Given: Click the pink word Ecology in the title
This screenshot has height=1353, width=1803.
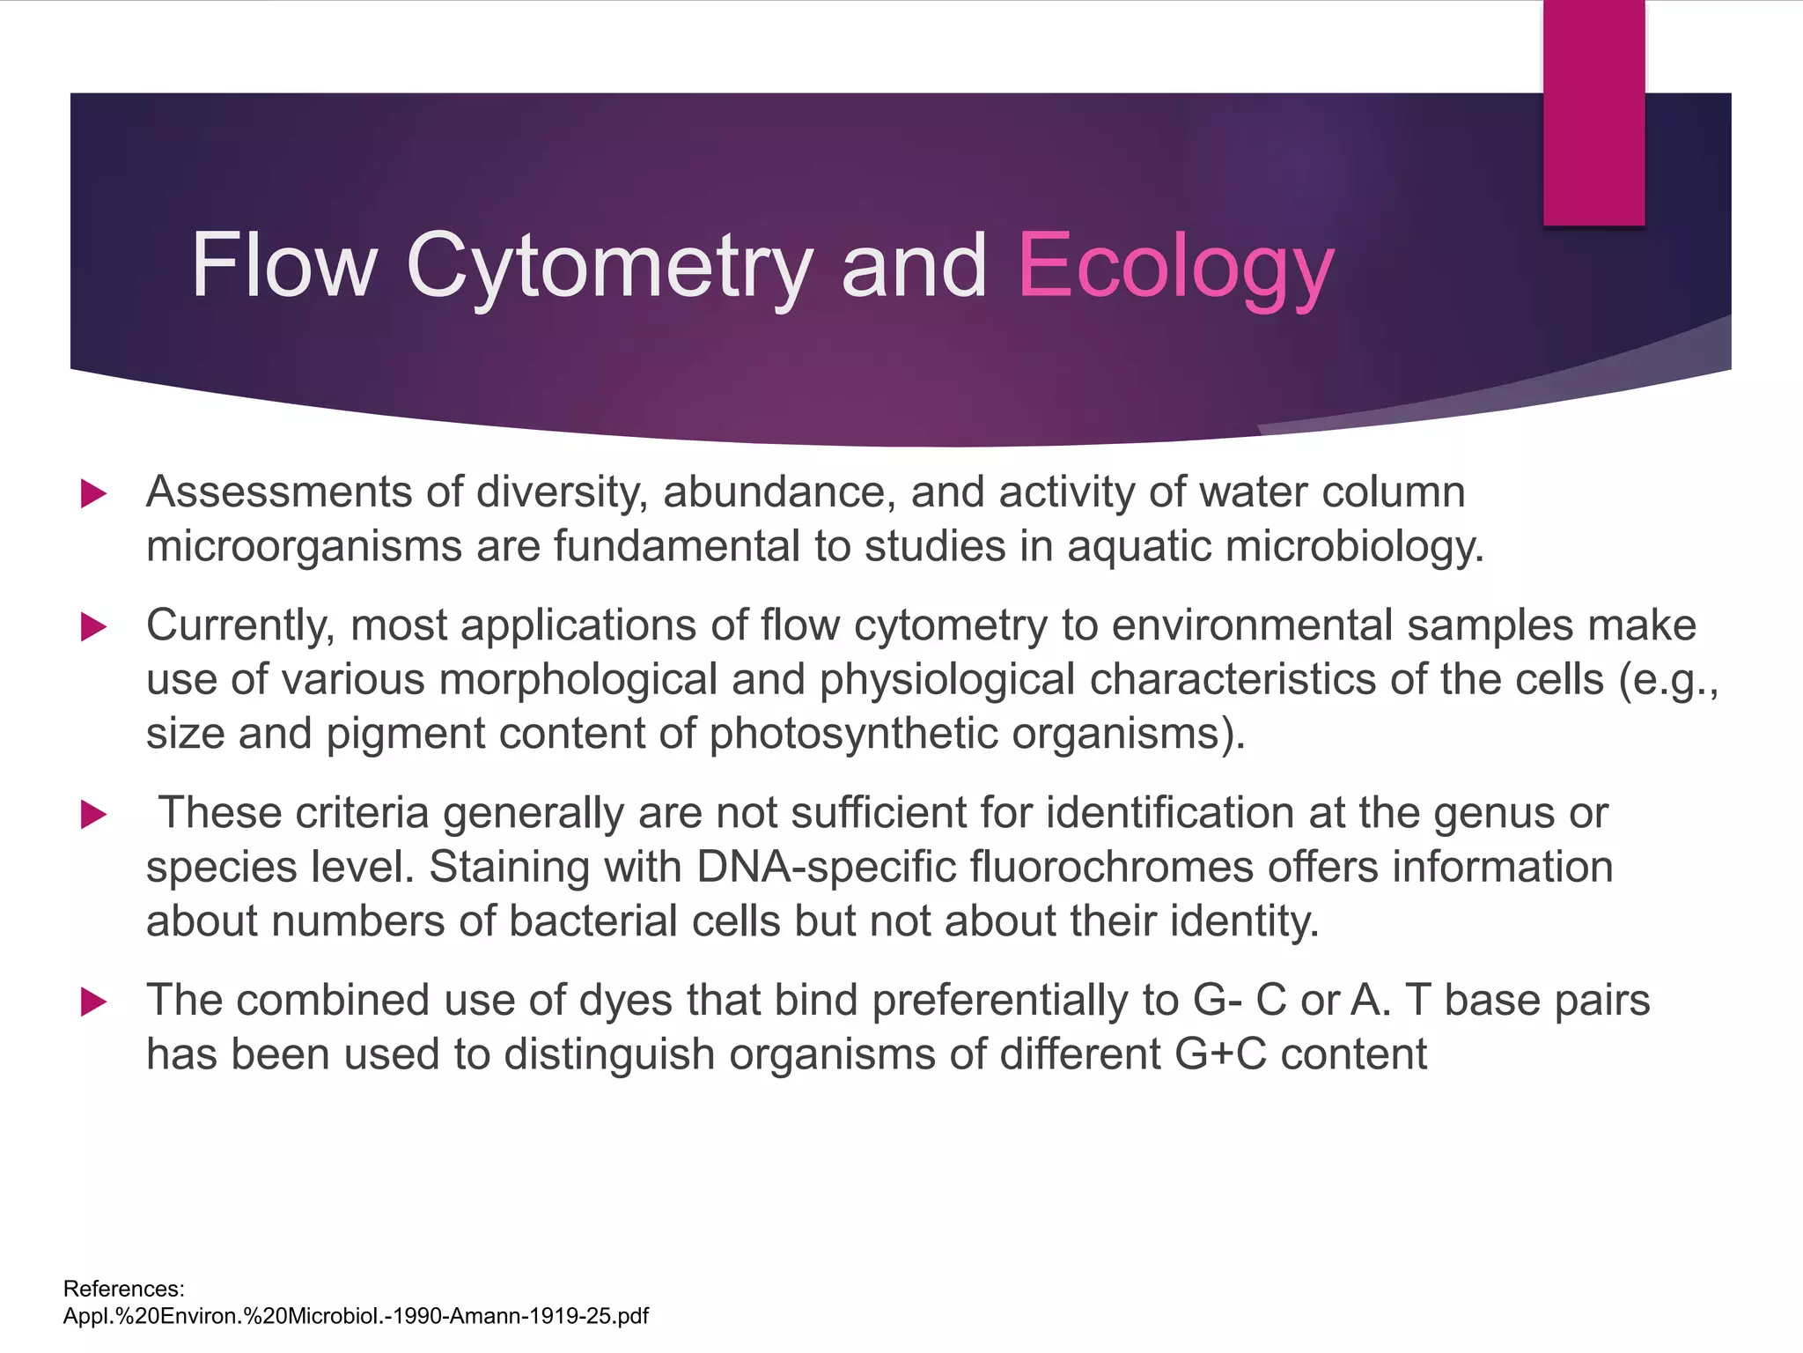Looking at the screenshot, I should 1175,266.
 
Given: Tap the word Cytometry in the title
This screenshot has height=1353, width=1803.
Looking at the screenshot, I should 608,266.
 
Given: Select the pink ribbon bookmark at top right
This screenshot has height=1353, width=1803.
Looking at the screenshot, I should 1593,113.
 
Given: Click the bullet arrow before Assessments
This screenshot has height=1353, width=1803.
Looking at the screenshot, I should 93,493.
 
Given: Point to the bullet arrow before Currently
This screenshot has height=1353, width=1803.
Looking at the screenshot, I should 93,627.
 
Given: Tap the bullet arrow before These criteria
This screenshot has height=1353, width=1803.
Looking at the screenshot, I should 93,814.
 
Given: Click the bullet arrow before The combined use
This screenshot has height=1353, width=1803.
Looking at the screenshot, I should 93,1002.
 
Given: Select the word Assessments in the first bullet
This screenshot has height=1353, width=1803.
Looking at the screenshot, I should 278,492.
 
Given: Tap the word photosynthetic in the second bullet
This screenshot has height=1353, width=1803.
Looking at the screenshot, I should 853,734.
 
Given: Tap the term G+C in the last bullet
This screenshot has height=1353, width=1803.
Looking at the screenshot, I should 1219,1054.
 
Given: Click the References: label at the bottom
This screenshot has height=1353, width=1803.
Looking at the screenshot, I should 124,1289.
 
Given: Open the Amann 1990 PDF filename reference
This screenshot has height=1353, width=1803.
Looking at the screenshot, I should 356,1316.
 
